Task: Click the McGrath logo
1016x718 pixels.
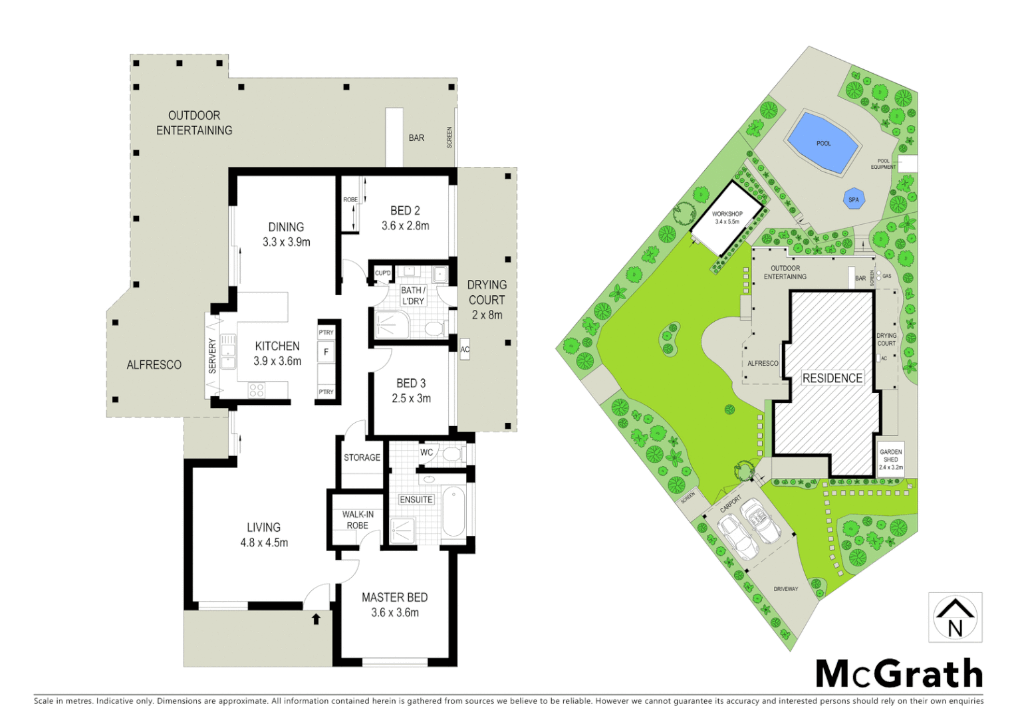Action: (x=899, y=674)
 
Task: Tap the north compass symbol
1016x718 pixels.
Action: (x=955, y=618)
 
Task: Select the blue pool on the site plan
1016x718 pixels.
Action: (x=822, y=143)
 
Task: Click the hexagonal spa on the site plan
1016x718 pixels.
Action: (x=854, y=199)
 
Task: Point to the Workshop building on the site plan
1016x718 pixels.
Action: (x=727, y=217)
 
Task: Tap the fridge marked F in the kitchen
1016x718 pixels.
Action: (x=326, y=352)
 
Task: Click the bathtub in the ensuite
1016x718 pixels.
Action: (x=453, y=511)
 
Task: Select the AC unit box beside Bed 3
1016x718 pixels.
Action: (x=465, y=349)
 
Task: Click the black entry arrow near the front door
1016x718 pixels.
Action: (x=317, y=619)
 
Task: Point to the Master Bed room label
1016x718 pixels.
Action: (x=394, y=598)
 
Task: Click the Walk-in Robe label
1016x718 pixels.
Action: (x=358, y=520)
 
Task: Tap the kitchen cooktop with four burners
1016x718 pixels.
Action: (x=257, y=390)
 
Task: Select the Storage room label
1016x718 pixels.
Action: (x=362, y=457)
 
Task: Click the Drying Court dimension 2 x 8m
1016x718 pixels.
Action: (x=487, y=315)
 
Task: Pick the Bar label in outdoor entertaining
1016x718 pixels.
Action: (x=416, y=138)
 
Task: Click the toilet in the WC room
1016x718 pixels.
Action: (x=452, y=454)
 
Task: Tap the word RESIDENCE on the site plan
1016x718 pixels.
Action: (x=832, y=378)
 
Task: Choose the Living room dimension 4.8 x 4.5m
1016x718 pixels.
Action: (x=264, y=542)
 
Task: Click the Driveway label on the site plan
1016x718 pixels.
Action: (x=785, y=589)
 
